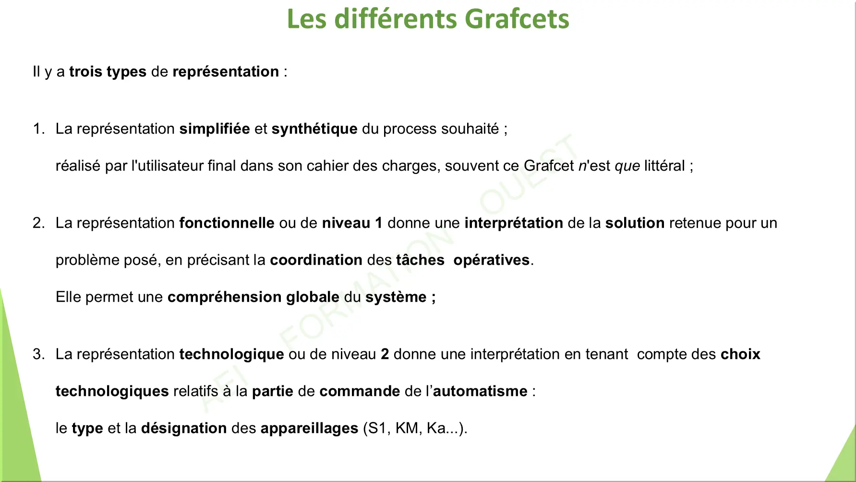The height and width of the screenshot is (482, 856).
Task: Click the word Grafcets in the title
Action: click(517, 19)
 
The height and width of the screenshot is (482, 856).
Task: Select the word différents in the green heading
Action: click(396, 19)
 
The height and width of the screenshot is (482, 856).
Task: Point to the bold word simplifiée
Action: click(215, 129)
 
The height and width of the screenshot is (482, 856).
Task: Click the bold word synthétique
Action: click(314, 129)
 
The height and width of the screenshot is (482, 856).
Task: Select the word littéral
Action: click(664, 166)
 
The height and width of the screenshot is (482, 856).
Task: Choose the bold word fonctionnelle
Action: click(227, 223)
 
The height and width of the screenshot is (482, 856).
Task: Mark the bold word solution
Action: click(635, 223)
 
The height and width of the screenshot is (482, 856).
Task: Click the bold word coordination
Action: click(316, 260)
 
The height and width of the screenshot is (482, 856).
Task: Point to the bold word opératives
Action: click(492, 260)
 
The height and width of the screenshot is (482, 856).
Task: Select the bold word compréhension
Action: click(225, 297)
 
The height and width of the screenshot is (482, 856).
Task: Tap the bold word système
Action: click(396, 297)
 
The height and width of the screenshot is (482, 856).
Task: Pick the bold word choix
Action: click(740, 354)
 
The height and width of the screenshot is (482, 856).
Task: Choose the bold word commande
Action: click(360, 391)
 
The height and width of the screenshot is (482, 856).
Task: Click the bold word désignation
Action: click(184, 428)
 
